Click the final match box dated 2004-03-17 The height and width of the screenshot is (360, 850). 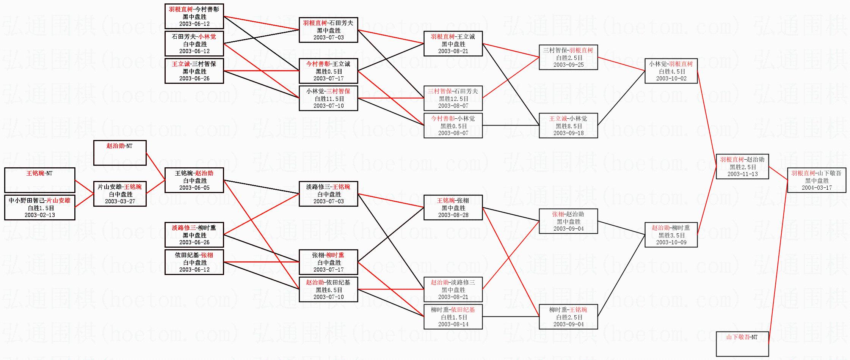click(x=817, y=180)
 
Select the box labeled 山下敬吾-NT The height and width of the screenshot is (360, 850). click(x=742, y=344)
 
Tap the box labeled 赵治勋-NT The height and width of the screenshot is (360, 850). click(x=120, y=153)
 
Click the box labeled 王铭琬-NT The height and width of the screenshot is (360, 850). click(x=40, y=180)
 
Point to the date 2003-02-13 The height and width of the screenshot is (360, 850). click(x=40, y=215)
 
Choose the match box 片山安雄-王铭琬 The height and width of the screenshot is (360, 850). click(x=120, y=194)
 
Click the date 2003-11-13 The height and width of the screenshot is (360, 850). click(x=742, y=174)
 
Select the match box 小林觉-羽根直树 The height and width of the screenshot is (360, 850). click(x=671, y=71)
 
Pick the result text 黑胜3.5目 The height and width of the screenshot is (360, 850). click(x=671, y=235)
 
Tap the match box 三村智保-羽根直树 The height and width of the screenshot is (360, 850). click(x=568, y=57)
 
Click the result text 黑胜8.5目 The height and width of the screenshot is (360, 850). click(x=568, y=126)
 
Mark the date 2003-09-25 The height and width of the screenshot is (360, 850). click(x=568, y=64)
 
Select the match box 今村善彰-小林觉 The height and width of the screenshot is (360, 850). click(x=453, y=126)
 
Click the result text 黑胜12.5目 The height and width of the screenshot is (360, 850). click(x=453, y=99)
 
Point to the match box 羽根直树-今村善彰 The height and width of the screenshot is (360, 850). click(x=194, y=16)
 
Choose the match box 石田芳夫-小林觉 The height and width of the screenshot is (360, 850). click(x=194, y=44)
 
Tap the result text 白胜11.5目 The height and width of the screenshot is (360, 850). click(x=328, y=99)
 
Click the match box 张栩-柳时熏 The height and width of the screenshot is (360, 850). click(x=328, y=262)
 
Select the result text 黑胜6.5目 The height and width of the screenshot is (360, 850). click(x=328, y=290)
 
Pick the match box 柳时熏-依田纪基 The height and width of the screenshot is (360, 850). click(x=453, y=317)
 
